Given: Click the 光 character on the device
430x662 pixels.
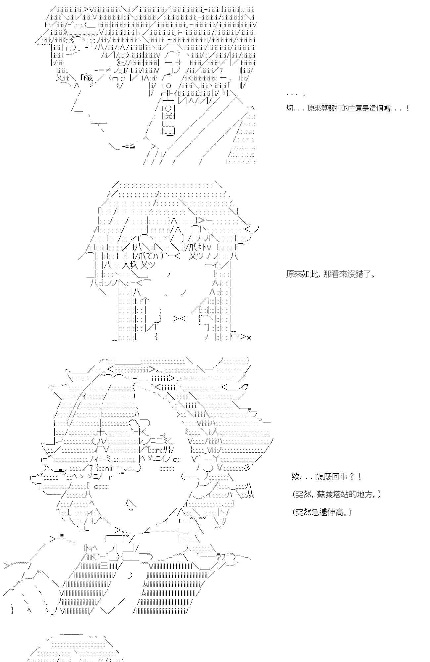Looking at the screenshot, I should pyautogui.click(x=169, y=116).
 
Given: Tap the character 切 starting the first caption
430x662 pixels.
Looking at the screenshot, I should pyautogui.click(x=289, y=108).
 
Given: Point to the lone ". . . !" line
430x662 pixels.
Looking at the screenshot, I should pyautogui.click(x=295, y=94).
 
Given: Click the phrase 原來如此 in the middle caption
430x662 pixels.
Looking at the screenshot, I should pyautogui.click(x=300, y=274).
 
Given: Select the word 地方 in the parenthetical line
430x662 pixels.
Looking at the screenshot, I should pyautogui.click(x=368, y=495).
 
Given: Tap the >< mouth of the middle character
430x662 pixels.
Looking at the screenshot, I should pyautogui.click(x=180, y=318).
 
